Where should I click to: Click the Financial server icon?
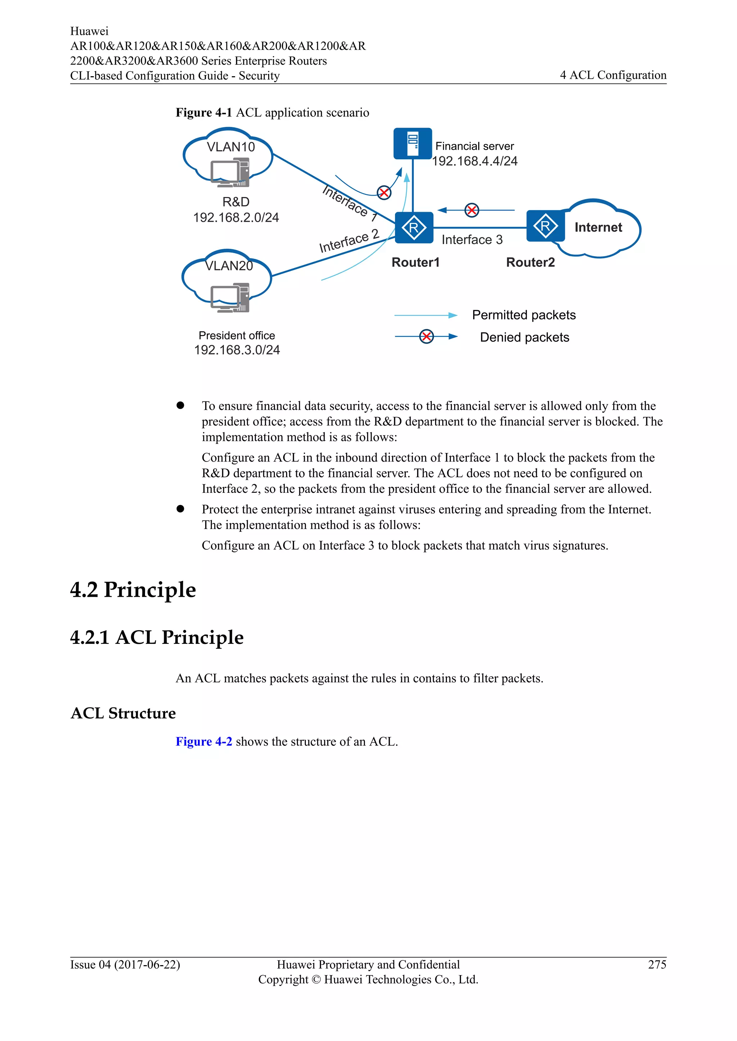point(412,143)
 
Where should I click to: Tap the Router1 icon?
point(414,228)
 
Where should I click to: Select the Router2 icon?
point(545,226)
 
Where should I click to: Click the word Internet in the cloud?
point(598,227)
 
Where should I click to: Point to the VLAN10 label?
point(231,147)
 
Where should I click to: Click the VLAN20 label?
point(229,266)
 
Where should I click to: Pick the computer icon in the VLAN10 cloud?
point(230,172)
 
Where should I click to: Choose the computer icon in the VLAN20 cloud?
point(230,298)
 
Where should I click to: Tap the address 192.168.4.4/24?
point(474,161)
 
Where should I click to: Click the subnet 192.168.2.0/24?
point(236,217)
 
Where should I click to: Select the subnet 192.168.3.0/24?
point(237,350)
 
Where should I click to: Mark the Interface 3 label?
point(472,239)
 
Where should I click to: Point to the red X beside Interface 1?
point(384,193)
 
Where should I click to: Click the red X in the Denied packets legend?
point(426,336)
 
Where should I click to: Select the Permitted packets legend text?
point(524,315)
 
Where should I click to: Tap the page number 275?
point(657,964)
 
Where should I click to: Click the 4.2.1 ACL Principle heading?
point(157,637)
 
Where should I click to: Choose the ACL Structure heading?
point(123,713)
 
